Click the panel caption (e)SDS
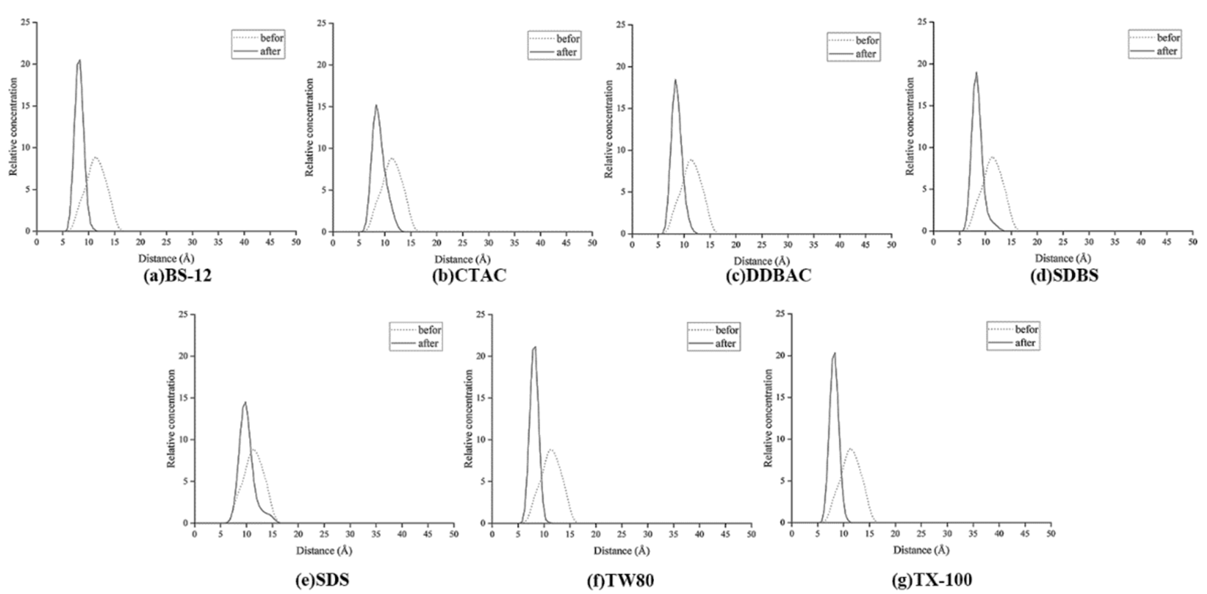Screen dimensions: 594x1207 pyautogui.click(x=322, y=580)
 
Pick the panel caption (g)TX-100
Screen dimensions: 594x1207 pyautogui.click(x=932, y=580)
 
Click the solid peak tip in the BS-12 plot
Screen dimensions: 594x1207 pyautogui.click(x=80, y=60)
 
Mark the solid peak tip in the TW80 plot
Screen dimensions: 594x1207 pyautogui.click(x=535, y=347)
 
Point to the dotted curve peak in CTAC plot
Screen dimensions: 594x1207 pyautogui.click(x=391, y=158)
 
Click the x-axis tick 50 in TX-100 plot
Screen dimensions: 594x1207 pyautogui.click(x=1051, y=534)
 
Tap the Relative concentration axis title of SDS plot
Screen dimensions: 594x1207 pyautogui.click(x=172, y=418)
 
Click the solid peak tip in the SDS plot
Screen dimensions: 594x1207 pyautogui.click(x=245, y=402)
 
